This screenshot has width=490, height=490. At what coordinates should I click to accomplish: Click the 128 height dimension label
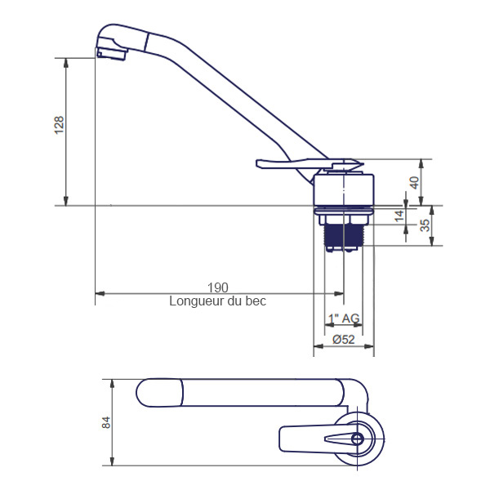point(59,125)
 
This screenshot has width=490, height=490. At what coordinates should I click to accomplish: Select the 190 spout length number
point(218,287)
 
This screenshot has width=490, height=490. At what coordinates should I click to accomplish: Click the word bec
point(256,301)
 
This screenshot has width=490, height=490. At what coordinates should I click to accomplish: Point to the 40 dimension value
point(414,183)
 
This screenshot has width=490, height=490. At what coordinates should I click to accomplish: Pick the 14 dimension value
point(399,216)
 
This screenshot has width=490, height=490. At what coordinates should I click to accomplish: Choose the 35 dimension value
point(425,225)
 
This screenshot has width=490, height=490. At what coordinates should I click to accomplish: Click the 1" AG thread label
point(344,318)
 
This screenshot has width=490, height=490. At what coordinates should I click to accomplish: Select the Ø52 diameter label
point(344,340)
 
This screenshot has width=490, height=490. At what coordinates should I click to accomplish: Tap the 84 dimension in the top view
point(106,422)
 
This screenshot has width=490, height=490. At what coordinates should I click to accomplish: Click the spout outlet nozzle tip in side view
point(111,53)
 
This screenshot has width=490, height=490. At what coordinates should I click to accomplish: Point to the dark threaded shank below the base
point(344,235)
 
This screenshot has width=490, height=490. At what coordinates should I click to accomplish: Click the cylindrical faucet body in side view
point(344,189)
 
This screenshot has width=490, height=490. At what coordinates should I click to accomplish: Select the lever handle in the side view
point(310,164)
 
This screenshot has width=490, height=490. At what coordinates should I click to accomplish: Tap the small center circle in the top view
point(357,439)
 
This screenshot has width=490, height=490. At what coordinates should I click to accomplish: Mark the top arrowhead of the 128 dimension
point(65,63)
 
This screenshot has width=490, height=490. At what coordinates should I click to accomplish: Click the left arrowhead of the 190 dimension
point(100,293)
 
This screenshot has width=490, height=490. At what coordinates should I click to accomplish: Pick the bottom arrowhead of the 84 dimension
point(112,461)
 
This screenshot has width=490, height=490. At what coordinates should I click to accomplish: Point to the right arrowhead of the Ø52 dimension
point(369,346)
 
